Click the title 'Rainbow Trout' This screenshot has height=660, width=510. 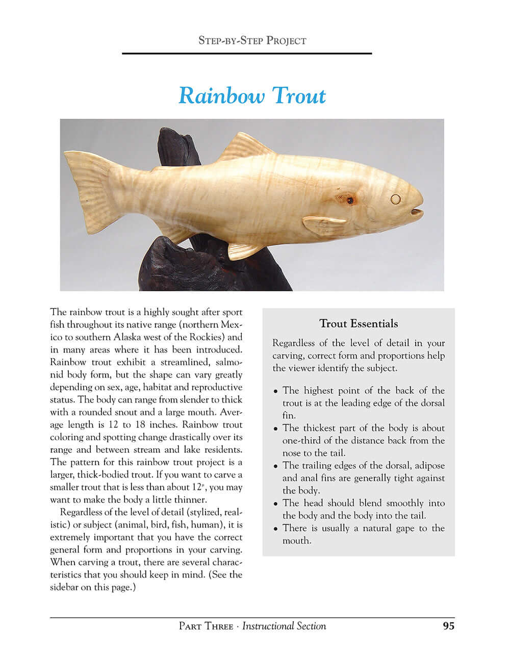(x=252, y=96)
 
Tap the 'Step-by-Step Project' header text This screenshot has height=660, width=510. (x=252, y=40)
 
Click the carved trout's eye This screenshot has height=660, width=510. (x=395, y=199)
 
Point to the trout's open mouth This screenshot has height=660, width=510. (x=417, y=210)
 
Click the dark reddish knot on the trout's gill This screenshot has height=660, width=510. (x=349, y=200)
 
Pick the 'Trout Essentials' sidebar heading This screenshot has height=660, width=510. (x=359, y=323)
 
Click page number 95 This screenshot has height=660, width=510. (x=448, y=626)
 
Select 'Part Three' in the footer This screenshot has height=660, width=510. (x=206, y=626)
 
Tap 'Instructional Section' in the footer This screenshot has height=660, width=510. (x=284, y=626)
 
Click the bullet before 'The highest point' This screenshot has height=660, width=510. (x=276, y=392)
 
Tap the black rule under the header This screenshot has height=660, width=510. (x=247, y=54)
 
